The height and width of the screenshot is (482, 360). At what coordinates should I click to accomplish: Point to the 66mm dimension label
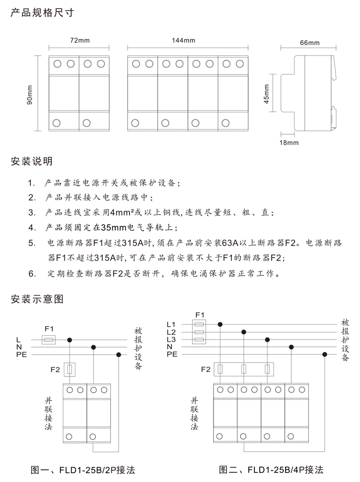tap(310, 43)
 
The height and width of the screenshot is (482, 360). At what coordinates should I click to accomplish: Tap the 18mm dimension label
tap(290, 142)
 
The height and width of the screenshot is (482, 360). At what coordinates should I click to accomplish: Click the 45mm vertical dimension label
tap(266, 94)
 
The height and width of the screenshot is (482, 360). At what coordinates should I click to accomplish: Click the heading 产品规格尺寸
tap(42, 13)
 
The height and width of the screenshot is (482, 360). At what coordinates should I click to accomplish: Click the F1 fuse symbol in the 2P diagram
tap(48, 340)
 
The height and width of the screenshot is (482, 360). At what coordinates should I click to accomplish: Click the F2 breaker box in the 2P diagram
tap(70, 370)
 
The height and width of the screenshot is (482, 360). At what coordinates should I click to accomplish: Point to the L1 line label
tap(171, 325)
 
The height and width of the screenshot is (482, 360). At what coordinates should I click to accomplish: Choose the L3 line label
tap(171, 340)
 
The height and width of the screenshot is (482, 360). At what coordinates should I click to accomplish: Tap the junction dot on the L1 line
tap(220, 324)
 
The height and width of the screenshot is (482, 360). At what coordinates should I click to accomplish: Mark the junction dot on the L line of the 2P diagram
tap(70, 340)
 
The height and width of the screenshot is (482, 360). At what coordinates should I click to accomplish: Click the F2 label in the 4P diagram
tap(206, 369)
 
